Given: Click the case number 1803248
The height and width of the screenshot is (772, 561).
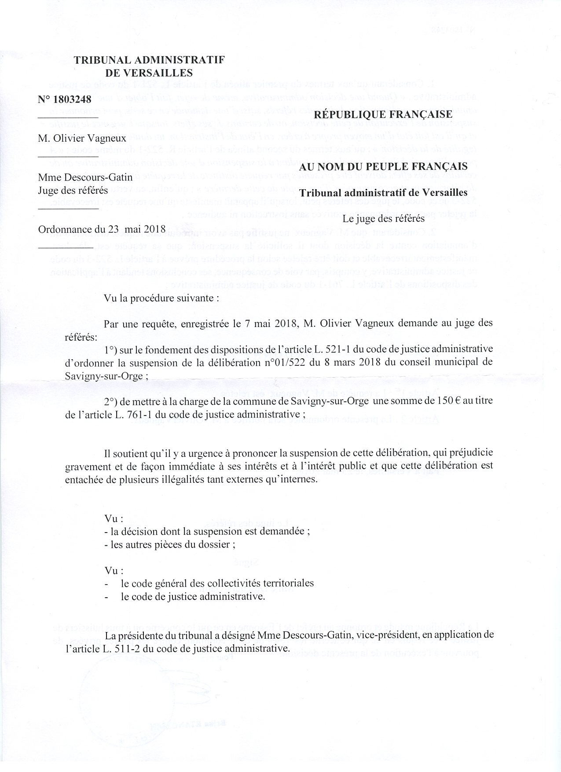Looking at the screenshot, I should point(71,99).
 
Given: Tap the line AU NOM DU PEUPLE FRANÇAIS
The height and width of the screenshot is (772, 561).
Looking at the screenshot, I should point(383,167).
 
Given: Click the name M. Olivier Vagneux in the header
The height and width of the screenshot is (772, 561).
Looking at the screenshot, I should point(82,138).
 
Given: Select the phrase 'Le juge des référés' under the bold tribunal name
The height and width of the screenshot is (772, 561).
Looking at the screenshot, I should point(383,218).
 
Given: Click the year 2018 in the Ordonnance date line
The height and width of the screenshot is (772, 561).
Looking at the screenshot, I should point(154,229).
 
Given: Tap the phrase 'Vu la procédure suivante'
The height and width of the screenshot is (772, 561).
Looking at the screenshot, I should point(161,298).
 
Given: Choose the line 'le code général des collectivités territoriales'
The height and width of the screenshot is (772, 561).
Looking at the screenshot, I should point(217,583).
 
